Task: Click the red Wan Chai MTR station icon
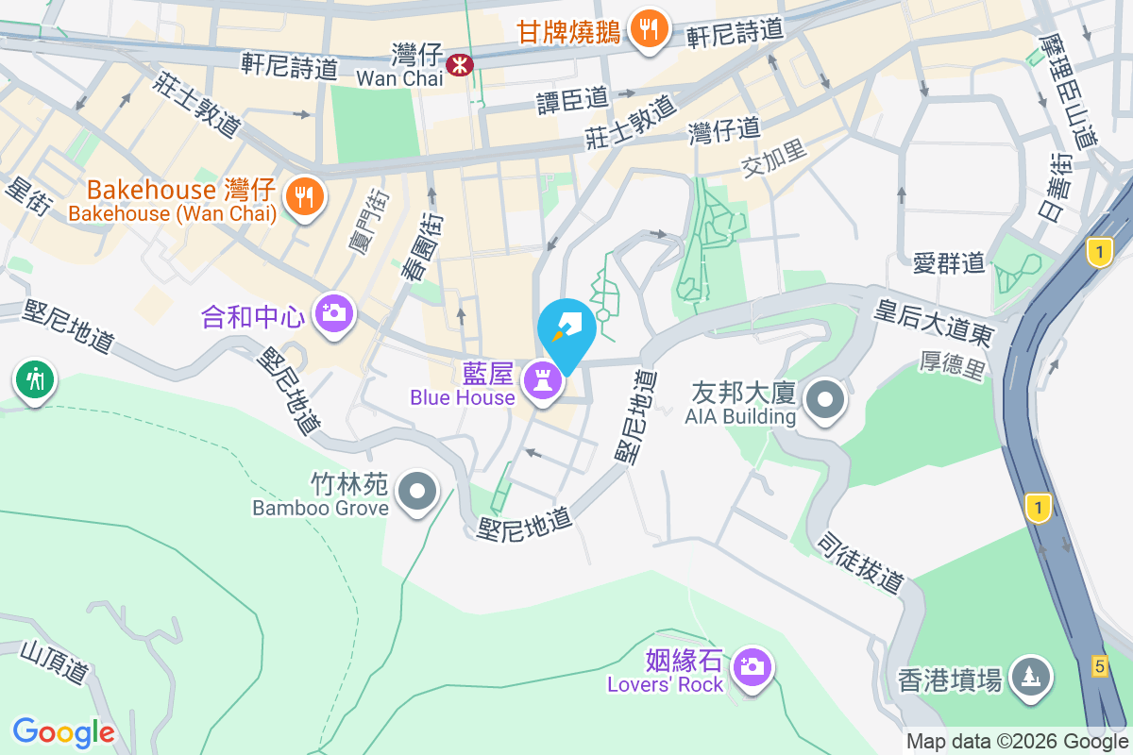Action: tap(461, 65)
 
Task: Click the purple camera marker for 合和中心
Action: tap(333, 311)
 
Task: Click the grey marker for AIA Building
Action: tap(826, 399)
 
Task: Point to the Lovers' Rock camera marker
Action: tap(752, 667)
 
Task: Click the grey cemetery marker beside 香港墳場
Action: tap(1029, 676)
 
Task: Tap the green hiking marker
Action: tap(35, 380)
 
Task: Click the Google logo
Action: tap(64, 731)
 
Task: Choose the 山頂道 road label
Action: tap(55, 661)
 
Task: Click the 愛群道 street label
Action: tap(949, 263)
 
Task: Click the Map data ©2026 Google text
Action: tap(1017, 742)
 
